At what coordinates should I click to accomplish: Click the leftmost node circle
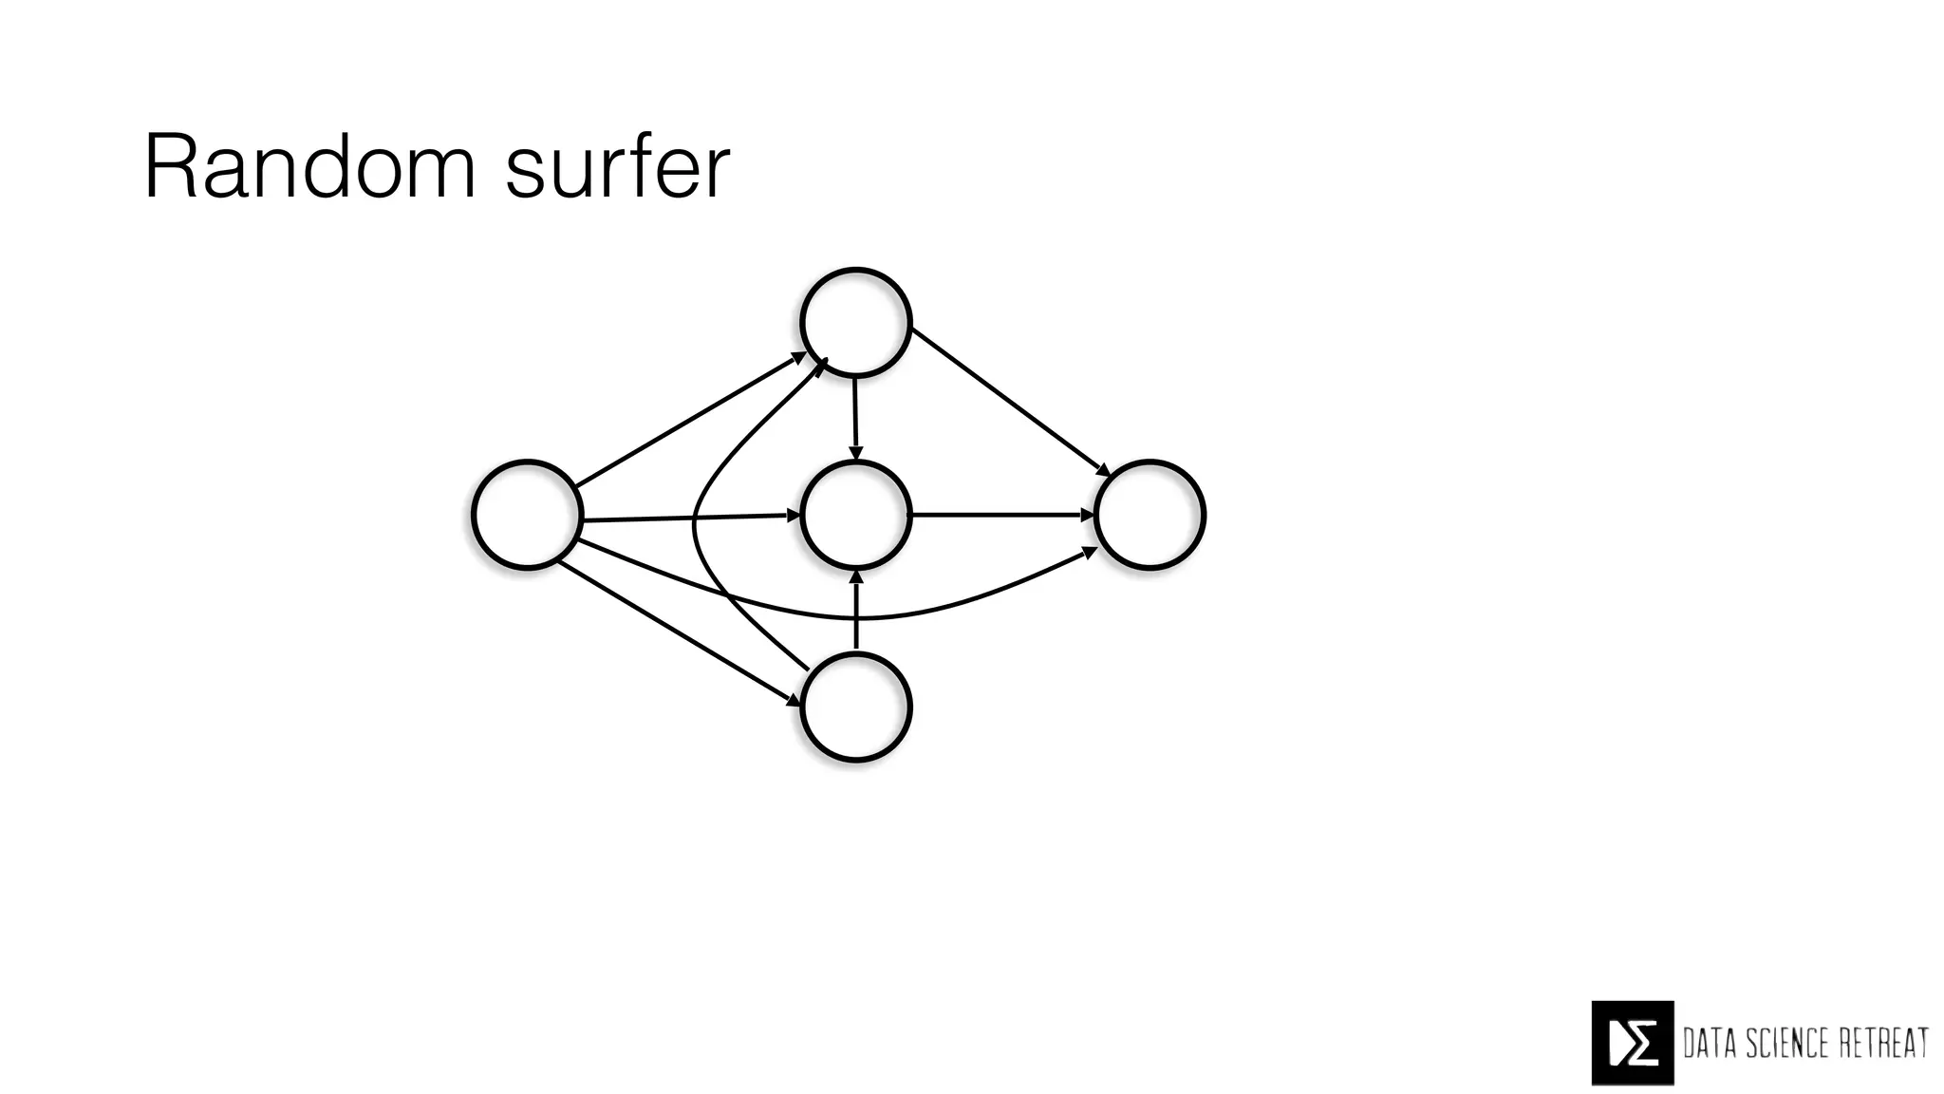pos(527,515)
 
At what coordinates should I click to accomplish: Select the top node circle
pos(856,323)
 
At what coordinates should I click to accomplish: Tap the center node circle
pos(856,515)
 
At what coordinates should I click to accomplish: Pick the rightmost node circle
pos(1150,515)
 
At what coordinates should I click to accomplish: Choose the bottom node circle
pos(856,707)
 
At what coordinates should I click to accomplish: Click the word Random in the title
pos(309,168)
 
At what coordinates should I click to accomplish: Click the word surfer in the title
pos(618,168)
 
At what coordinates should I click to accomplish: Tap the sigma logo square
pos(1632,1043)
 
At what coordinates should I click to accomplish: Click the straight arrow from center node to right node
pos(1001,515)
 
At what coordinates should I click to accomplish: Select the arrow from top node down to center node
pos(855,418)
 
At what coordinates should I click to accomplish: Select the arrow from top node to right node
pos(1009,402)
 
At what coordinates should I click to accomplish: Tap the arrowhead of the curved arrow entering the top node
pos(822,364)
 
